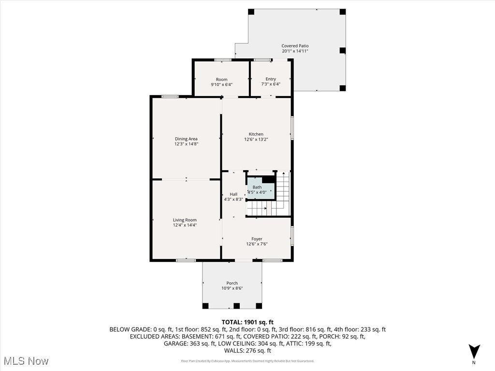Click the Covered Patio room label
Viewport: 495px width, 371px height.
point(295,46)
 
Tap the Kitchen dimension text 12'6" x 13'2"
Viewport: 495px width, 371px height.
point(256,139)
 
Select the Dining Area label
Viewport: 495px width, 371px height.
point(186,139)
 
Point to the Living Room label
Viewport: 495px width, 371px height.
point(185,220)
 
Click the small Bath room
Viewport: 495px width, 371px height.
point(257,189)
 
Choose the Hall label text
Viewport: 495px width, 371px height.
point(233,194)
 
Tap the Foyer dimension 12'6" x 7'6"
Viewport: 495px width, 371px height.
point(257,244)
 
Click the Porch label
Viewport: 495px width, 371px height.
point(232,283)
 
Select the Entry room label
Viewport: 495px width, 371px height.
point(271,79)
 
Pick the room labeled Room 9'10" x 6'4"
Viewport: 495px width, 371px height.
point(221,82)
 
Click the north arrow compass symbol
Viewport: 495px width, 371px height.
point(474,351)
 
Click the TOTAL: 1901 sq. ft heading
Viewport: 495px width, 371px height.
point(247,322)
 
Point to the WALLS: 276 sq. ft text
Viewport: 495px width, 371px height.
point(247,351)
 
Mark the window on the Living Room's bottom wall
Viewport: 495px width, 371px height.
point(186,260)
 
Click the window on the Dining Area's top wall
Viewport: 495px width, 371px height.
point(170,97)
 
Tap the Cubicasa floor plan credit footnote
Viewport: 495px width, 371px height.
point(247,361)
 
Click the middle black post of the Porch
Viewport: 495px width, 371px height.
point(236,306)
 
